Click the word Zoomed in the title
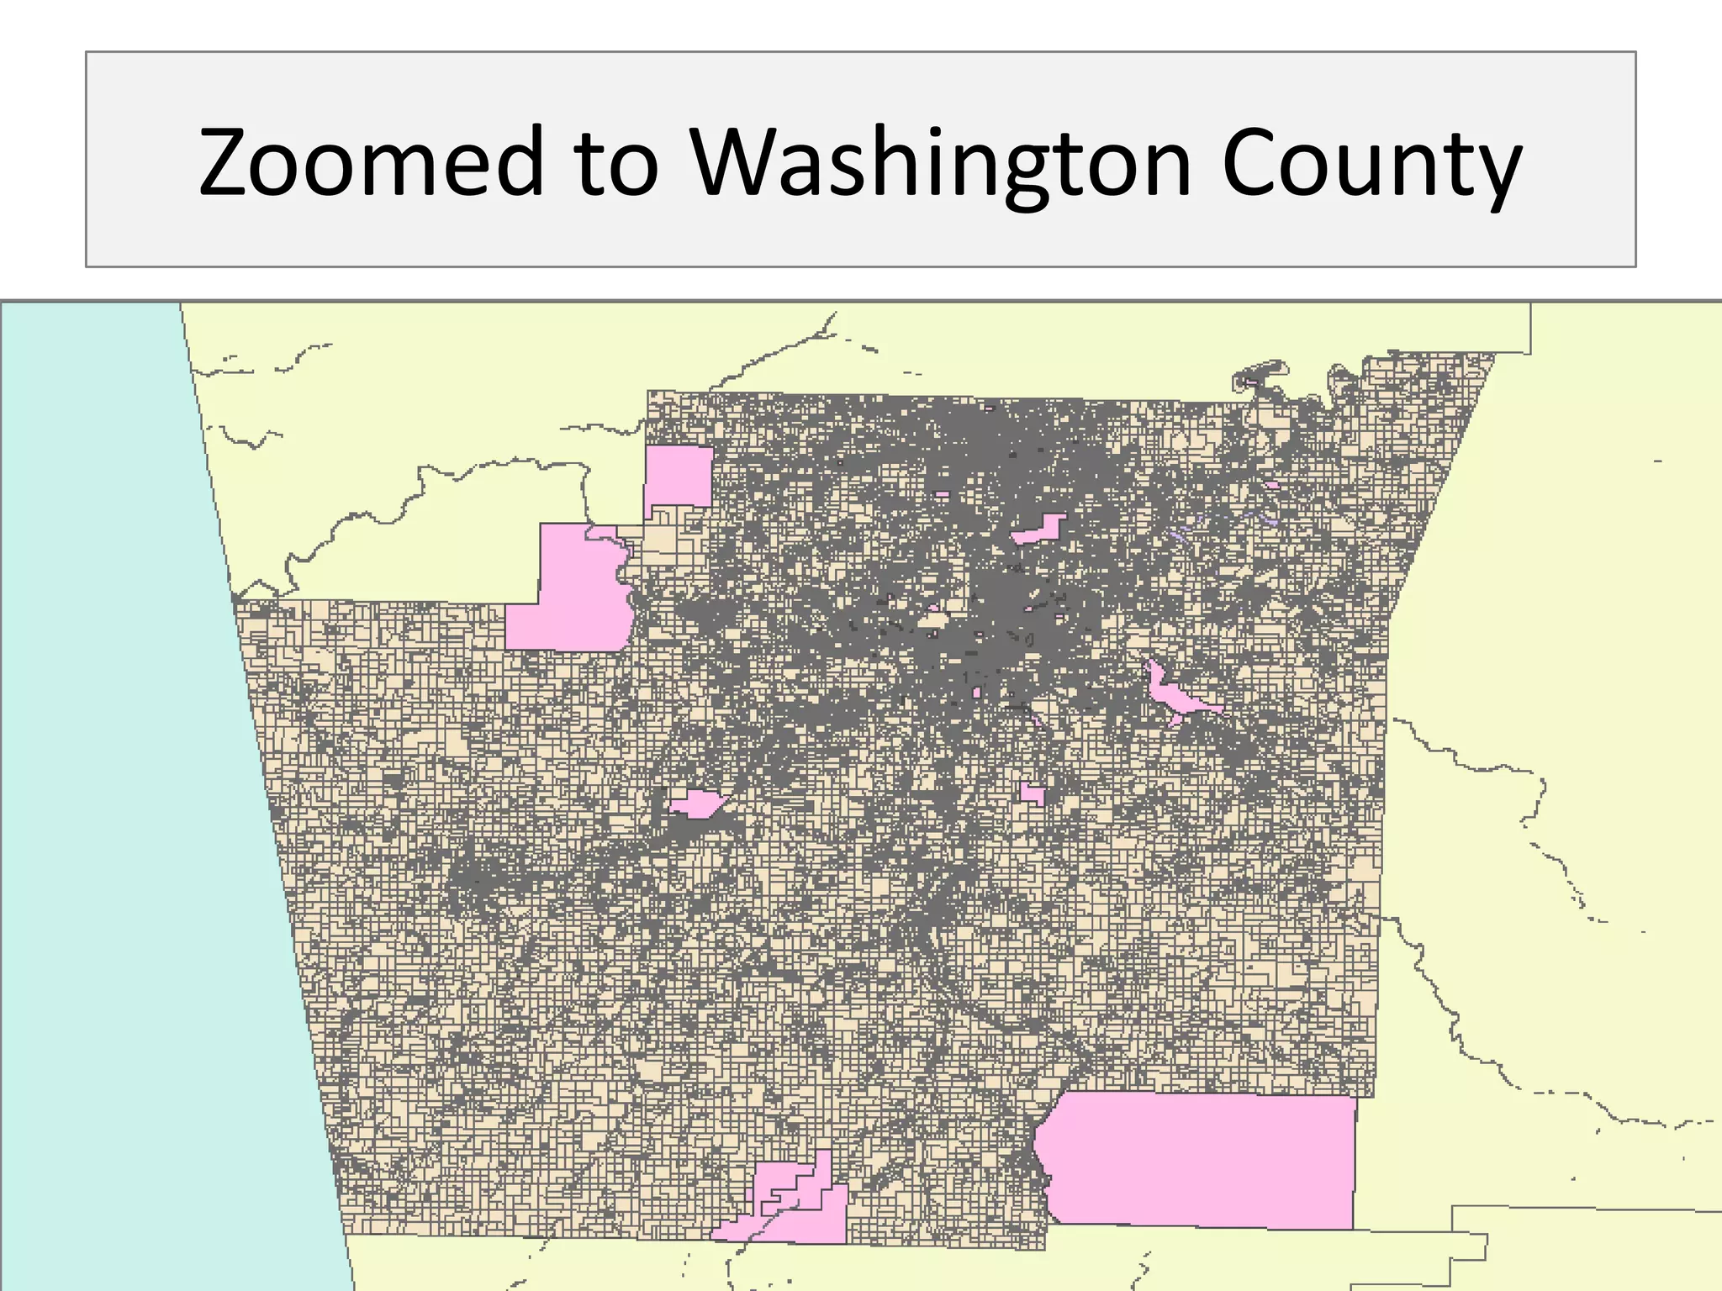tap(371, 161)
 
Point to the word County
tap(1371, 161)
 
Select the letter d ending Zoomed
tap(518, 160)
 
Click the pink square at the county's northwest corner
tap(679, 476)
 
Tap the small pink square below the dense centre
tap(1033, 794)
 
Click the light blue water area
tap(126, 756)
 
